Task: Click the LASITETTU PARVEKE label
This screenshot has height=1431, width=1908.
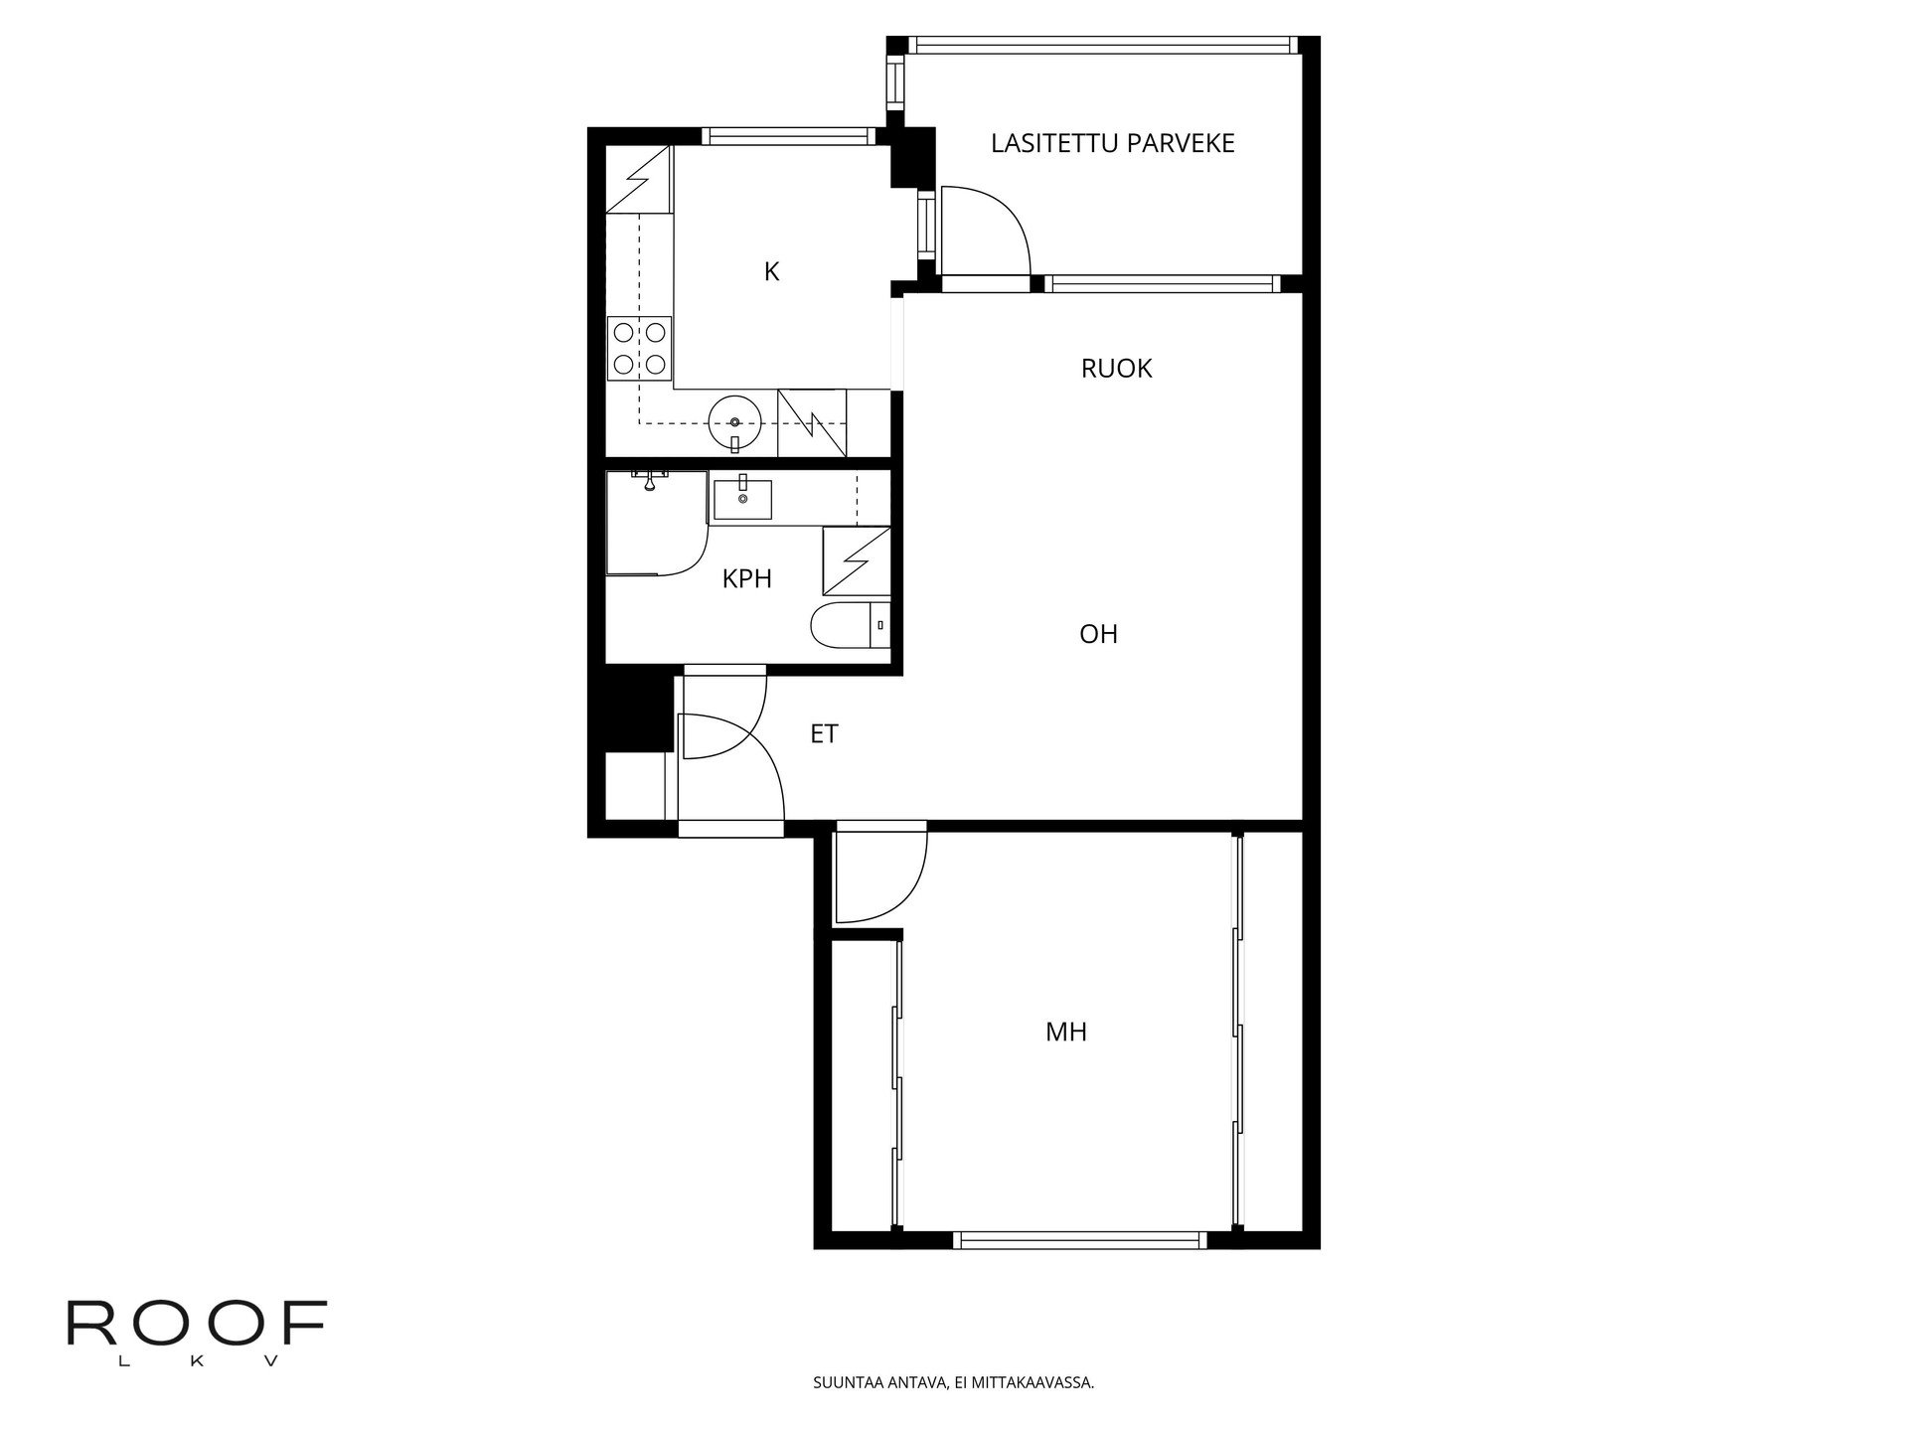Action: click(1112, 143)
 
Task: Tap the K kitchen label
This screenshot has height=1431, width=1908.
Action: click(771, 271)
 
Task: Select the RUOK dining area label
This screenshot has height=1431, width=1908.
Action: click(1116, 369)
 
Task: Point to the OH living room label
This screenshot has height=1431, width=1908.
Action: click(1098, 634)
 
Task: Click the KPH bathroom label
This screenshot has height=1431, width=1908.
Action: click(746, 579)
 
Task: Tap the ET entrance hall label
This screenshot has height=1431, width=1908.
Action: click(824, 734)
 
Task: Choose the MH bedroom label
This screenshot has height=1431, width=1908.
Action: click(1065, 1033)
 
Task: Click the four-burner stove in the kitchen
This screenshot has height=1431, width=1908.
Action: click(639, 348)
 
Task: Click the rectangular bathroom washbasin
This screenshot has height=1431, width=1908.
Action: click(742, 498)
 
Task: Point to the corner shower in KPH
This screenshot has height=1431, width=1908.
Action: click(651, 524)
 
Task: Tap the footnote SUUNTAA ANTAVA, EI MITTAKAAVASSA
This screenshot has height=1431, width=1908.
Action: click(953, 1382)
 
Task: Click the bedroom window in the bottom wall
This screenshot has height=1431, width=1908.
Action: click(1080, 1239)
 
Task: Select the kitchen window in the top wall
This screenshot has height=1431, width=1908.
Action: click(786, 136)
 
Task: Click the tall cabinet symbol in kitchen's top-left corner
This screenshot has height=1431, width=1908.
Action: click(639, 179)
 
